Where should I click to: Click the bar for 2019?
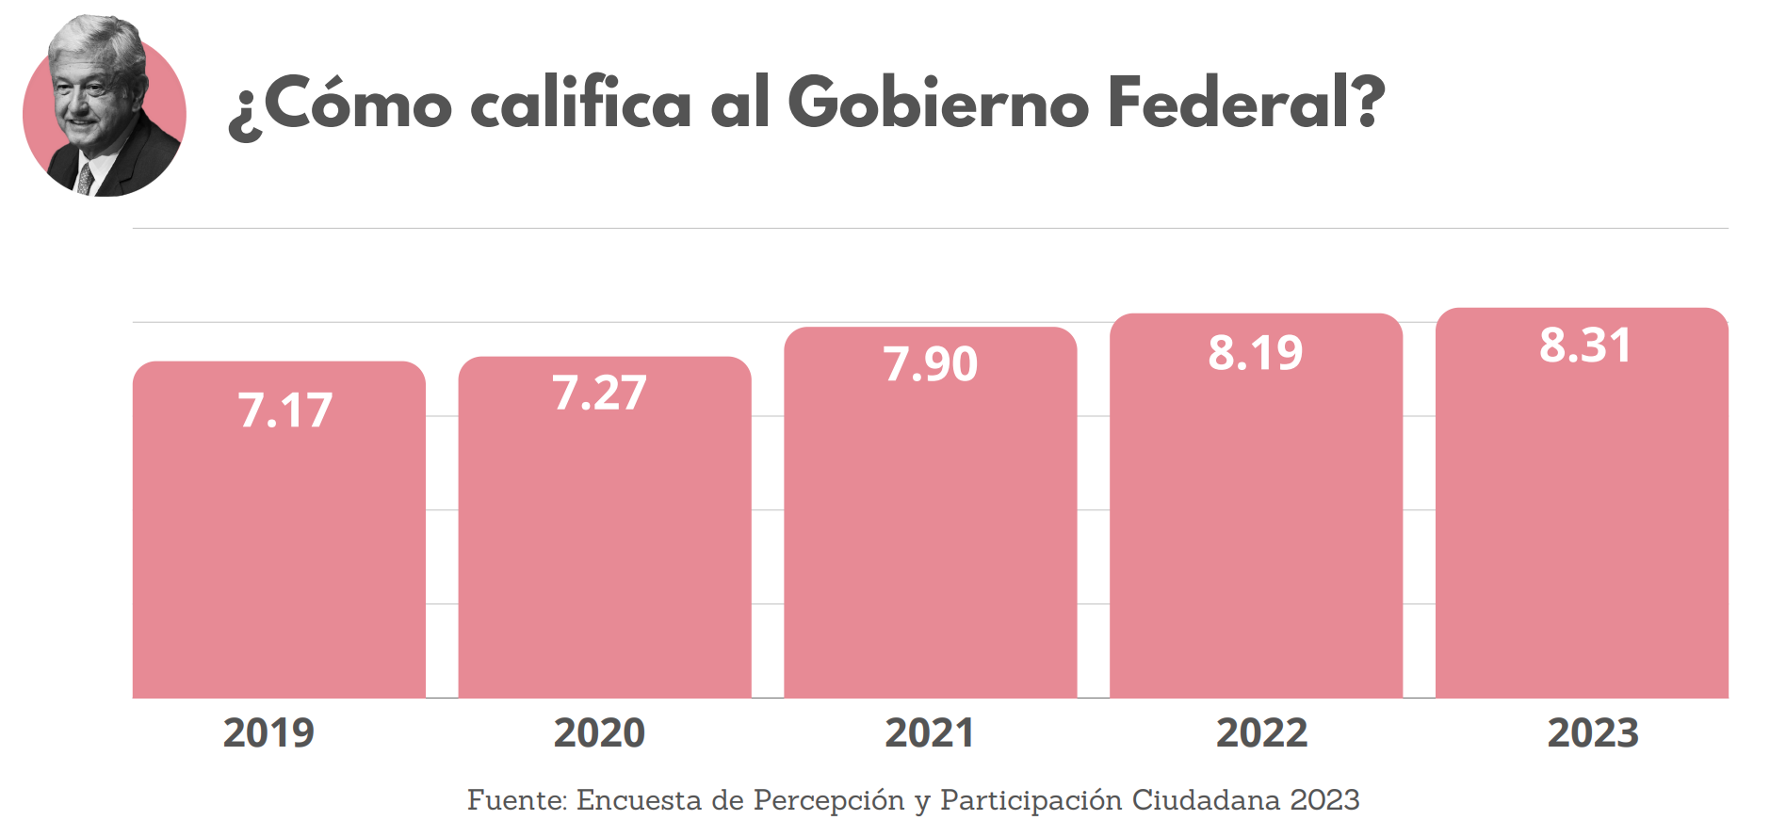(279, 546)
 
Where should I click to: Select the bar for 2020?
(605, 546)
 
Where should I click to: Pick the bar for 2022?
(1256, 527)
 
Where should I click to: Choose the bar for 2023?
(1582, 527)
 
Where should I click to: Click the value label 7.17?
(285, 410)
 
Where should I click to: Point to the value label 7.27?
(599, 394)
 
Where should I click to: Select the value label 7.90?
(931, 364)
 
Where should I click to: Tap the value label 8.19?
(1256, 353)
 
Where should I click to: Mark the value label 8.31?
(1585, 346)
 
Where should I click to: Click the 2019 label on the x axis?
(268, 732)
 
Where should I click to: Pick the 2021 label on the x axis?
(930, 732)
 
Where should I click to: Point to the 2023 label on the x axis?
(1593, 732)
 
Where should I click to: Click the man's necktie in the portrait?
(86, 179)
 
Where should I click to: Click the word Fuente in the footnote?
(516, 800)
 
